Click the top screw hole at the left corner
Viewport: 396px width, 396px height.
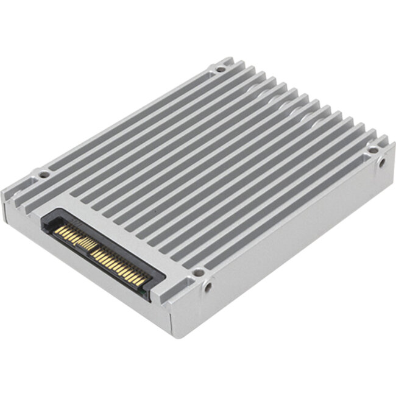44,175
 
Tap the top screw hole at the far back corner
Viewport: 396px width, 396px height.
220,69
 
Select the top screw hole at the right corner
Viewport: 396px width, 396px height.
371,150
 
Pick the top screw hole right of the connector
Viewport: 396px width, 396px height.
197,272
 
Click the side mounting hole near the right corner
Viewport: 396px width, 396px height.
382,163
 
